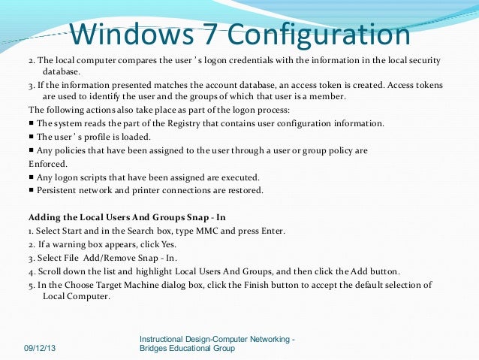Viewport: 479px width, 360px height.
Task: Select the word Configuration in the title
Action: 319,35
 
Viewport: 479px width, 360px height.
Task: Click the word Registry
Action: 185,123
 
